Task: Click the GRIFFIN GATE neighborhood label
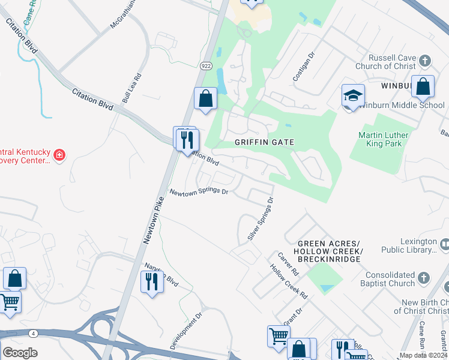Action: (264, 142)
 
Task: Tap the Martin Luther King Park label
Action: (383, 140)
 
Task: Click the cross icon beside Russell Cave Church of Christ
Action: (425, 61)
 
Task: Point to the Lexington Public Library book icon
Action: (444, 244)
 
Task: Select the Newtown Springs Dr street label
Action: (199, 192)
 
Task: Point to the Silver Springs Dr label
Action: (261, 219)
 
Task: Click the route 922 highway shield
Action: (206, 66)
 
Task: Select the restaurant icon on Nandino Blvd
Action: (152, 281)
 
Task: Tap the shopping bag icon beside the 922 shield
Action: (205, 99)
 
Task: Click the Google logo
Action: (20, 353)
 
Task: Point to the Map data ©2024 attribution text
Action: (423, 355)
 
